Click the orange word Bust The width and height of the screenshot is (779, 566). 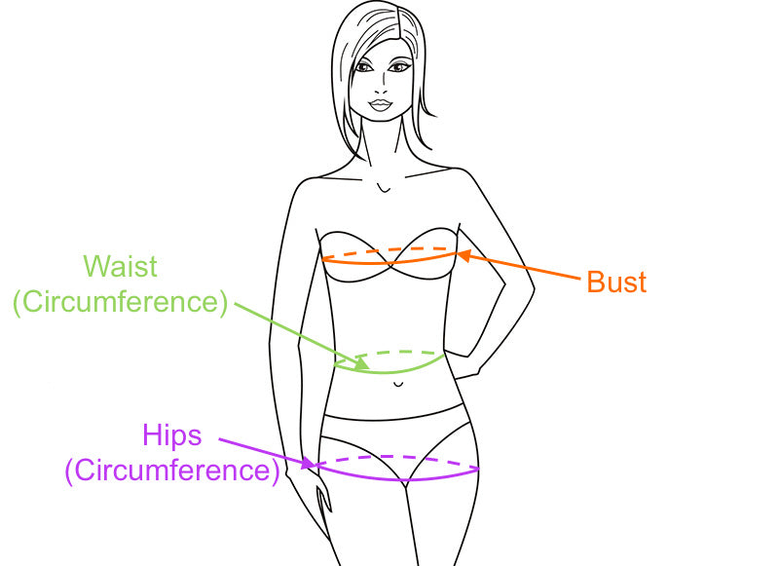(616, 283)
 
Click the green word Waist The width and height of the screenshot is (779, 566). (120, 266)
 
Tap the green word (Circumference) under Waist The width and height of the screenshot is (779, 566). (120, 302)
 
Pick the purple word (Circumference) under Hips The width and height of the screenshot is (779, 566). (172, 471)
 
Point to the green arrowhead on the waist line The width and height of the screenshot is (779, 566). (362, 365)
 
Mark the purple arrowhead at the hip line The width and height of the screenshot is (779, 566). (309, 465)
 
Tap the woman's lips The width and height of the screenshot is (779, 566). (381, 104)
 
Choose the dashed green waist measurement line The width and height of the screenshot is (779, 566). (394, 352)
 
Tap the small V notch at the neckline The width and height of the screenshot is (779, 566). (386, 187)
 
